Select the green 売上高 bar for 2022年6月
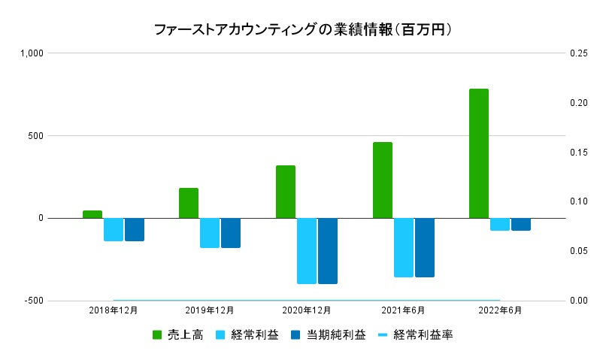pos(479,153)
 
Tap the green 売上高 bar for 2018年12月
pos(92,214)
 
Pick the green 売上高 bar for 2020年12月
pos(286,192)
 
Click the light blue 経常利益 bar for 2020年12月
pos(307,251)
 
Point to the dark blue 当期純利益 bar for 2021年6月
pos(425,247)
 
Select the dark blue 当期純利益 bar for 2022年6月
pos(521,224)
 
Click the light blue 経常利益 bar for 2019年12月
pos(210,233)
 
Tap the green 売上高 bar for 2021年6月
pos(383,180)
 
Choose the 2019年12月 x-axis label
pos(210,310)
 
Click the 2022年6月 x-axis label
pos(499,310)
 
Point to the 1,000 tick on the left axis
pos(33,53)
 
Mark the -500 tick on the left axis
pos(35,301)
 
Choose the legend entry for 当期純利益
pos(328,335)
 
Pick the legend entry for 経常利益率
pos(415,335)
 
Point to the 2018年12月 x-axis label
pos(114,310)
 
